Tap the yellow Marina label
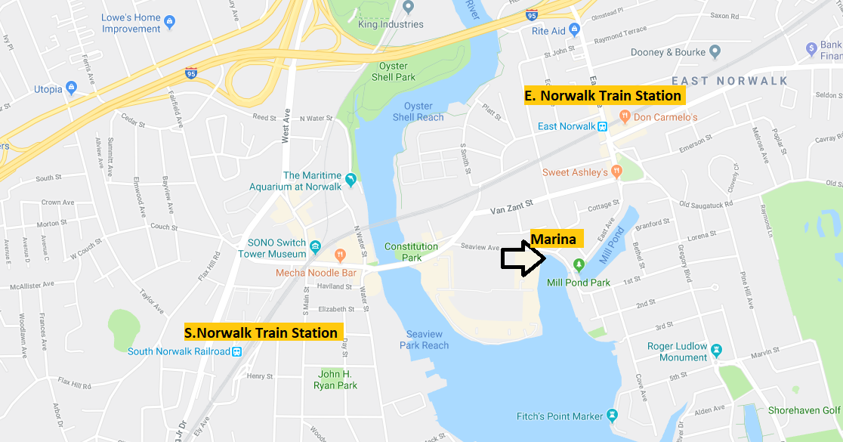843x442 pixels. coord(557,240)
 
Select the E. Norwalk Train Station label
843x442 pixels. coord(604,96)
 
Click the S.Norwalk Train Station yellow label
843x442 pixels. coord(261,332)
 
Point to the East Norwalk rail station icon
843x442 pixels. coord(603,127)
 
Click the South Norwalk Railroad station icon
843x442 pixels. coord(237,351)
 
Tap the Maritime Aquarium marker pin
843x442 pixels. coord(350,181)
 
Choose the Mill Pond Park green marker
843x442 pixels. coord(579,264)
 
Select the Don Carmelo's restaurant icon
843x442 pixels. coord(625,117)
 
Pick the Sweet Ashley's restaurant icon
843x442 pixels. coord(616,172)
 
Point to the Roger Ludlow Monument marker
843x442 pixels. coord(717,351)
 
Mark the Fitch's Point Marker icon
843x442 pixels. coord(612,416)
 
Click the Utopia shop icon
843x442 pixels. coord(72,88)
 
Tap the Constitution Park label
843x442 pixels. coord(411,252)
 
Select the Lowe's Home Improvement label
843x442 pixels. coord(131,23)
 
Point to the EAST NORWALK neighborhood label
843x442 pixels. coord(729,81)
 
